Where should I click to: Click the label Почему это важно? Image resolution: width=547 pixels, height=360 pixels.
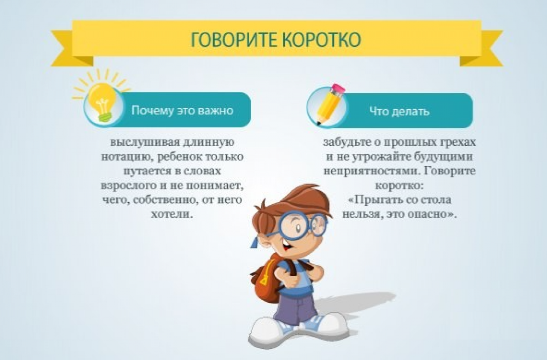coord(182,110)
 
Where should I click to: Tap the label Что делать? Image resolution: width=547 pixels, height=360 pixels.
coord(399,111)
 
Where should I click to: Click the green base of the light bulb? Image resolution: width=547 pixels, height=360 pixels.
coord(106,117)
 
